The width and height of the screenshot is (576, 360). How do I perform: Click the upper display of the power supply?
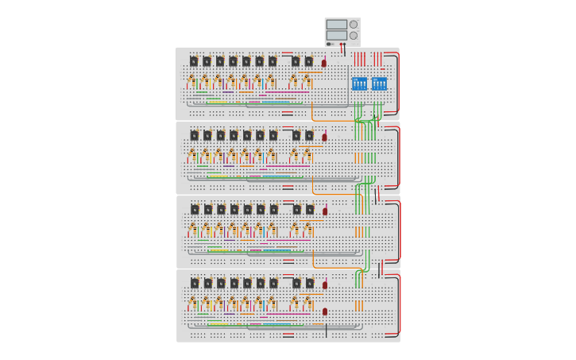coord(336,25)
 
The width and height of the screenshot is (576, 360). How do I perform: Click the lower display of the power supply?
coord(336,35)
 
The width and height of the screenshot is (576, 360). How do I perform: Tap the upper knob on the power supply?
coord(354,25)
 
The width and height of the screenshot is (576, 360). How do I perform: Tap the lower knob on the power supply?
coord(354,36)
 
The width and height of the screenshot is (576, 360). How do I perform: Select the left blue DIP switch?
coord(359,83)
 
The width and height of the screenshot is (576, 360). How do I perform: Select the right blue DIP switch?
coord(379,83)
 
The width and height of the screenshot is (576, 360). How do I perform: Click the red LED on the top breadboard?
coord(324,63)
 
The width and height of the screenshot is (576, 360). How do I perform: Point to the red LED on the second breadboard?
coord(324,137)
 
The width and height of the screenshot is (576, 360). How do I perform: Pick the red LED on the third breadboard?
coord(325,211)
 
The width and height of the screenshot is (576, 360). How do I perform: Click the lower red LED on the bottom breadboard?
coord(325,312)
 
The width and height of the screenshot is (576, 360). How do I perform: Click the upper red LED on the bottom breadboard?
coord(325,285)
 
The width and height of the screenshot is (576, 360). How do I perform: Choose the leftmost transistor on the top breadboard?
coord(194,61)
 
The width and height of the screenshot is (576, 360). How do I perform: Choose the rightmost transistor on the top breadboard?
coord(309,61)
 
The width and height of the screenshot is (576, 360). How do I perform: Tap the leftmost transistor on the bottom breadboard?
coord(195,283)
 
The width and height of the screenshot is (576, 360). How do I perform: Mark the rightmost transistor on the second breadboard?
coord(310,135)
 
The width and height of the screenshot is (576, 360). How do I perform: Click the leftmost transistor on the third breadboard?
coord(195,209)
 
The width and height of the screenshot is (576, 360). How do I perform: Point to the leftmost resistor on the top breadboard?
coord(191,81)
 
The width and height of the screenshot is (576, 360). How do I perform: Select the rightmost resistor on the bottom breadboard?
coord(307,303)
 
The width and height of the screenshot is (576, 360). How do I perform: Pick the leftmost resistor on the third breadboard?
coord(192,229)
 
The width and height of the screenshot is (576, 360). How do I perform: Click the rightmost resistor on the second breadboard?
coord(307,155)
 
